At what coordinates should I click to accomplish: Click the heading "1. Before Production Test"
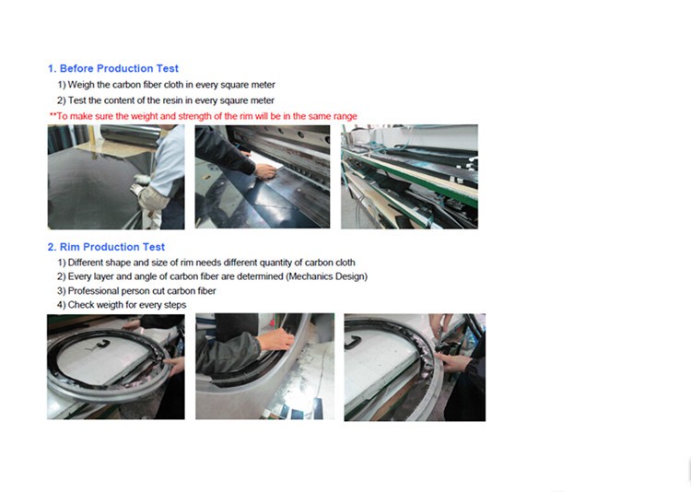[x=113, y=68]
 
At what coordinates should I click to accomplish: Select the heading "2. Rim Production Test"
[x=106, y=247]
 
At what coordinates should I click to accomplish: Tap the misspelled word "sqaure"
[x=234, y=100]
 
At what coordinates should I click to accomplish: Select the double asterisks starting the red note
[x=53, y=115]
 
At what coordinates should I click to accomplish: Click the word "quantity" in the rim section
[x=275, y=263]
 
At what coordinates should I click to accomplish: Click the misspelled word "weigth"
[x=111, y=305]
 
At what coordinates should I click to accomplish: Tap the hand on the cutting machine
[x=265, y=170]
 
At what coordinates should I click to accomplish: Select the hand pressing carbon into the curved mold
[x=276, y=340]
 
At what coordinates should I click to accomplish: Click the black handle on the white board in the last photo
[x=354, y=342]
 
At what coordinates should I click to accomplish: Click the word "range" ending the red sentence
[x=345, y=116]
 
